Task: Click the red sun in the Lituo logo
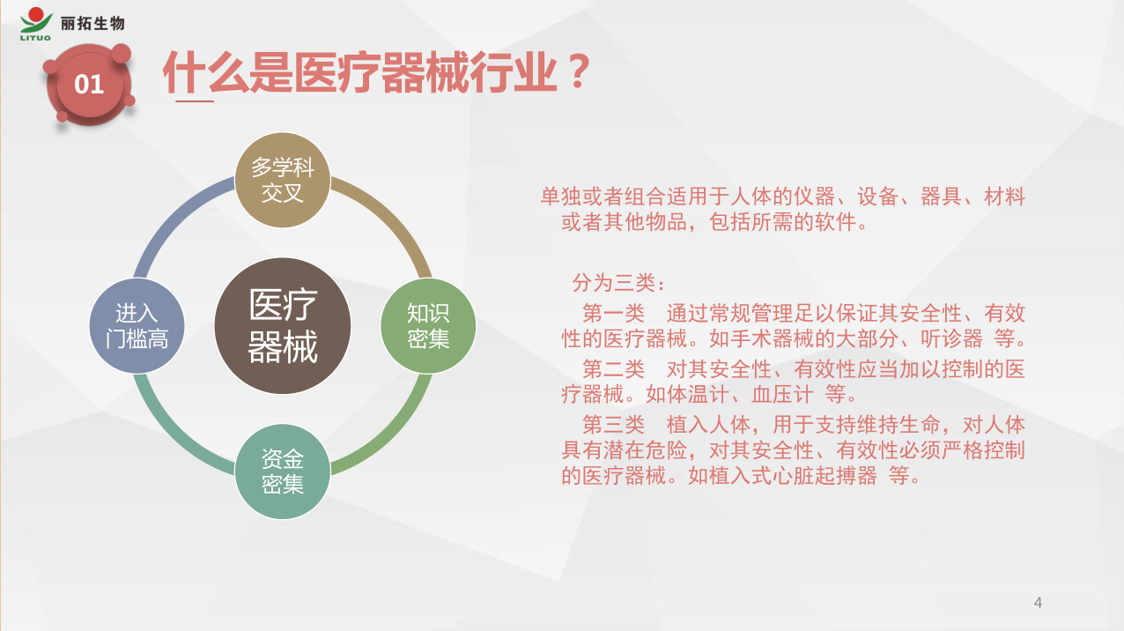(35, 15)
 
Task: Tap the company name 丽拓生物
(92, 24)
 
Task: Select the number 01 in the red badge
(89, 85)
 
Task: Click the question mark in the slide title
(579, 72)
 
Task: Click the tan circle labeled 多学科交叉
(283, 180)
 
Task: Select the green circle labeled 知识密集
(428, 326)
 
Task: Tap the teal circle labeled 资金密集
(283, 471)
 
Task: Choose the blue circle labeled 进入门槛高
(137, 326)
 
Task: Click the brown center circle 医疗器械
(283, 326)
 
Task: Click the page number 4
(1039, 603)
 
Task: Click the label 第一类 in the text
(614, 314)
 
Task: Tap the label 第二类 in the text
(614, 369)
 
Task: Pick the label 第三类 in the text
(614, 425)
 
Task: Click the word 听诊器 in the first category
(951, 339)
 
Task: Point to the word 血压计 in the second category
(782, 395)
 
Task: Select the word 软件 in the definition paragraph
(835, 222)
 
